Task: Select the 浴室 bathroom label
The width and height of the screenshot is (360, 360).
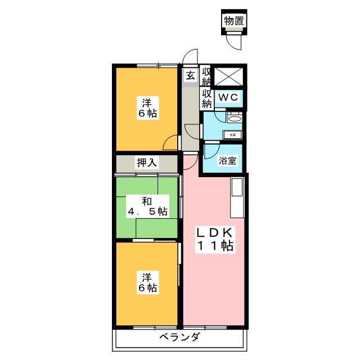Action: [228, 161]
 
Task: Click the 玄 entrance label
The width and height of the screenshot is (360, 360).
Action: [191, 76]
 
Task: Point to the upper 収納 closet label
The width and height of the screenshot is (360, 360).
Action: [206, 75]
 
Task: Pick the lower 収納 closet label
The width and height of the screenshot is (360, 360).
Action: [206, 98]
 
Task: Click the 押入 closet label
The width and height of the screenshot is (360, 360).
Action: [147, 163]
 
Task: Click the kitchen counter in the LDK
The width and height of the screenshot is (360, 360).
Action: [236, 196]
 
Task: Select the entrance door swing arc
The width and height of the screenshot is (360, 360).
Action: [191, 57]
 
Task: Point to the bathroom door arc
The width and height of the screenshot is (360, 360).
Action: [211, 151]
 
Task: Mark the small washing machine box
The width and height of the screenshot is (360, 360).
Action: [232, 134]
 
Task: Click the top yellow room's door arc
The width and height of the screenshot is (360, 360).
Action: [169, 144]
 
